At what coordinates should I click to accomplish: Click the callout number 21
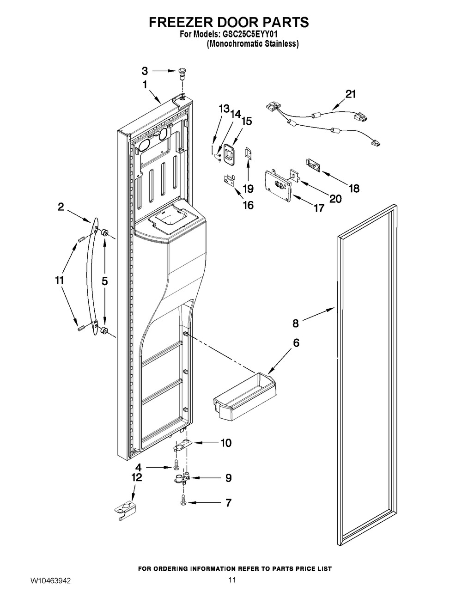pos(350,94)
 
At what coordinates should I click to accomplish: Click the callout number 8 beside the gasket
pos(295,323)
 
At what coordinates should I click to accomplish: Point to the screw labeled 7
pos(182,502)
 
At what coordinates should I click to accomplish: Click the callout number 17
pos(319,208)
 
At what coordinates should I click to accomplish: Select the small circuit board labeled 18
pos(312,165)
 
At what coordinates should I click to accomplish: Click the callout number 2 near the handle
pos(61,207)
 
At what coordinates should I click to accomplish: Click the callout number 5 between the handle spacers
pos(105,281)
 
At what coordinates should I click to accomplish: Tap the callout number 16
pos(249,205)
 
